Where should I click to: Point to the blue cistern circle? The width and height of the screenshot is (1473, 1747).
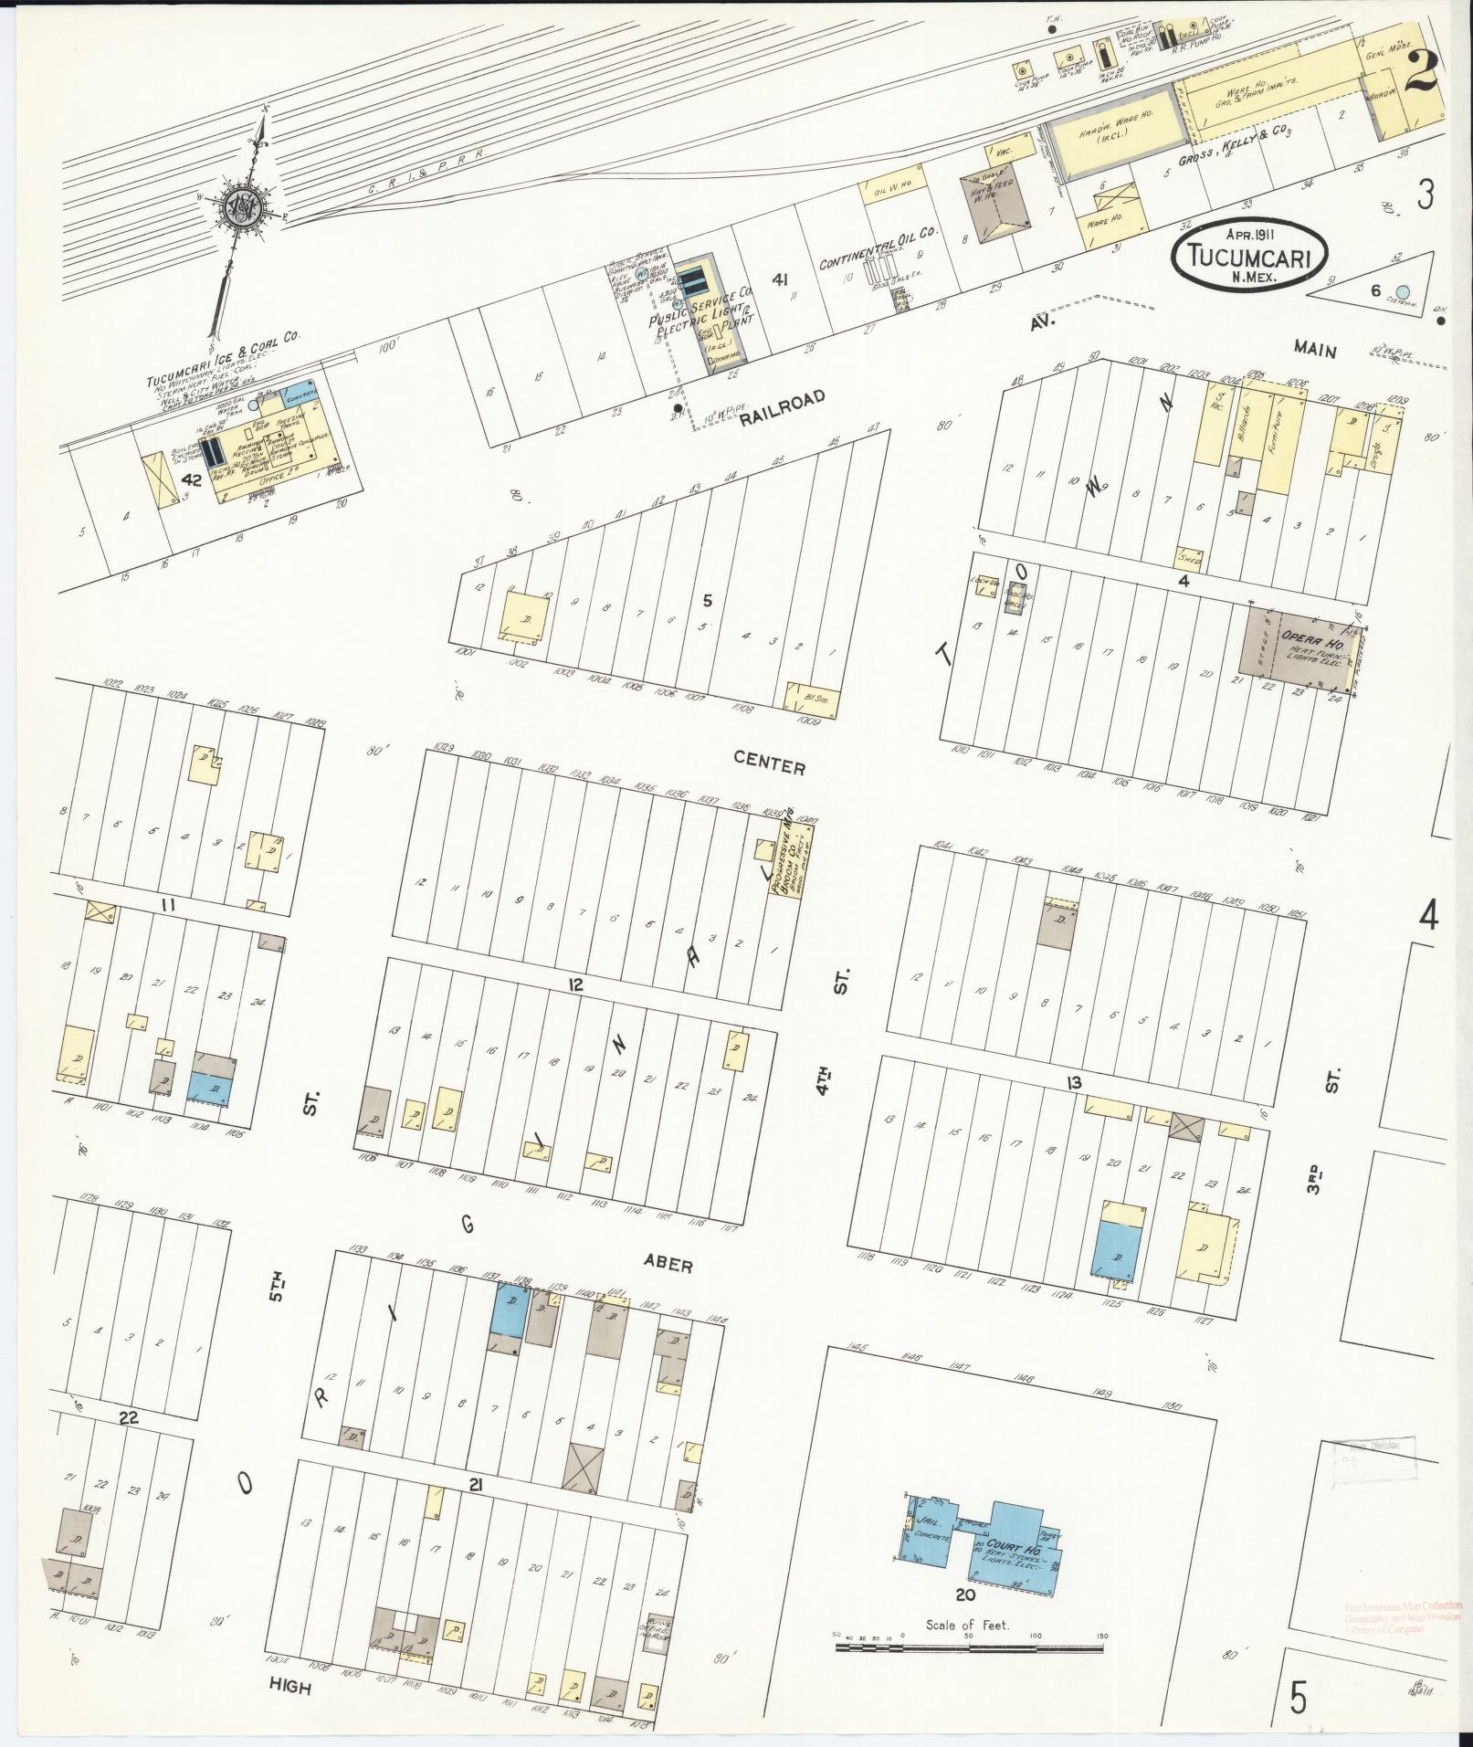1403,292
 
